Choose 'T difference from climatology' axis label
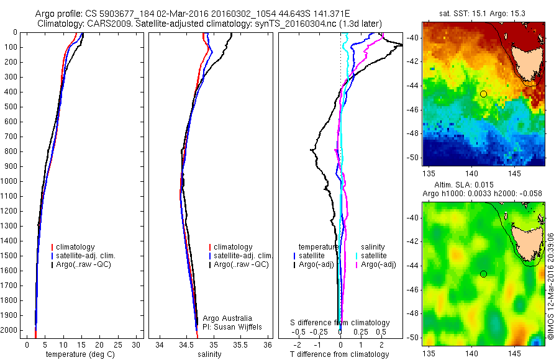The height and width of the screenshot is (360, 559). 340,354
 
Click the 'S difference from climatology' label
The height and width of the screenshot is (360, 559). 340,323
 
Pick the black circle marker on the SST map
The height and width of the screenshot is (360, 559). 483,93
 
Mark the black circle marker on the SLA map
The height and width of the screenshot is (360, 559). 483,274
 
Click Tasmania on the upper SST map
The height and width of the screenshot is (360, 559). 525,62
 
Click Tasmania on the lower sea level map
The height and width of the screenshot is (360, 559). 525,241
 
